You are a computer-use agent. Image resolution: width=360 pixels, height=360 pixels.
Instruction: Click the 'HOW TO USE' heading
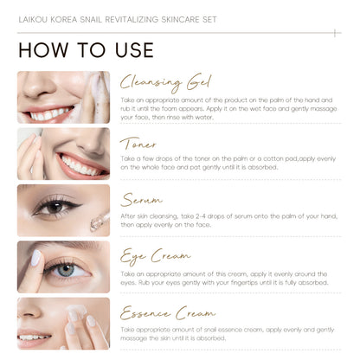click(x=86, y=49)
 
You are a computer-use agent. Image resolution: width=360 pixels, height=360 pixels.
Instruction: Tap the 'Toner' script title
click(x=138, y=143)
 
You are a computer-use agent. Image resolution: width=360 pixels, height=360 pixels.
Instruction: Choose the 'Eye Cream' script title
click(x=155, y=257)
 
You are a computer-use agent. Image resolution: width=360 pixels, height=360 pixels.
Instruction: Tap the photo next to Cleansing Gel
click(x=63, y=97)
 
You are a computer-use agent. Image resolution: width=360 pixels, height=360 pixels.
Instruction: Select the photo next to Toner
click(x=63, y=153)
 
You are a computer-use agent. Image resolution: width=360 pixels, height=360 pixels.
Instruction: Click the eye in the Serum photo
click(x=55, y=208)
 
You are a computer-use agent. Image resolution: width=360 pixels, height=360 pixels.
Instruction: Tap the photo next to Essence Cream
click(x=63, y=323)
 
